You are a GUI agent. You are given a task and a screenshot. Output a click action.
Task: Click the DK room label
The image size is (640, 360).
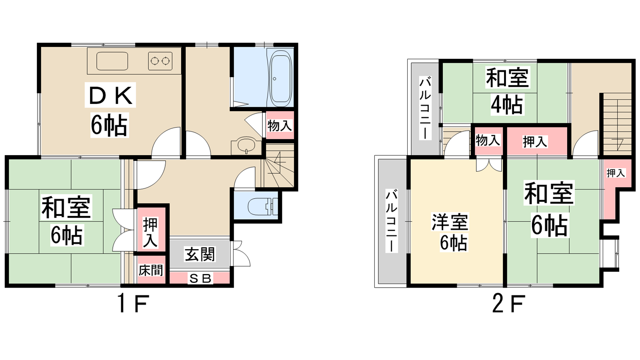pyautogui.click(x=110, y=110)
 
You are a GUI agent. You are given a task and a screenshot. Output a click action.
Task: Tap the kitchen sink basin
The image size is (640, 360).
pyautogui.click(x=112, y=61)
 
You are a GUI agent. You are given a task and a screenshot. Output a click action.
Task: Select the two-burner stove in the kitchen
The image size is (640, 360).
pyautogui.click(x=160, y=61)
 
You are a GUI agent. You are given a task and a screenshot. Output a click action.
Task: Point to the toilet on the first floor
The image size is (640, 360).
pyautogui.click(x=263, y=206)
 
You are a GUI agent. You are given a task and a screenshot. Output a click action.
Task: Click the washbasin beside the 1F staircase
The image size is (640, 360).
pyautogui.click(x=246, y=145)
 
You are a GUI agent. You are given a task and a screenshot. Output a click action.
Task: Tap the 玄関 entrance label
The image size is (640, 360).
pyautogui.click(x=200, y=254)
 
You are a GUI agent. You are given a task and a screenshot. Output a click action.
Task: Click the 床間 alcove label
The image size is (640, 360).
pyautogui.click(x=151, y=270)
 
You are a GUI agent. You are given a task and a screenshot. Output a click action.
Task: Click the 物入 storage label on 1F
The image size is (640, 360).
pyautogui.click(x=280, y=126)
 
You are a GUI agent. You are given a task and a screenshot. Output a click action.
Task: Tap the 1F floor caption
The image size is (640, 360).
pyautogui.click(x=133, y=304)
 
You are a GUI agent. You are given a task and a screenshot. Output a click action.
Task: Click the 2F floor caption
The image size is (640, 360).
pyautogui.click(x=509, y=304)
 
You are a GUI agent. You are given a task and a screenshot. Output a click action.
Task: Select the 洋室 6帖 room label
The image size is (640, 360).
pyautogui.click(x=450, y=232)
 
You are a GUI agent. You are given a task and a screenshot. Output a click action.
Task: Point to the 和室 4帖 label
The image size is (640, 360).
pyautogui.click(x=508, y=91)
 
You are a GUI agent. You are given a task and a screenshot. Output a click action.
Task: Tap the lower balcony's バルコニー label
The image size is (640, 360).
pyautogui.click(x=392, y=220)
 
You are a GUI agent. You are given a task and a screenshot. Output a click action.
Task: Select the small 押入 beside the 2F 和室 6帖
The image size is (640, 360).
pyautogui.click(x=616, y=173)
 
